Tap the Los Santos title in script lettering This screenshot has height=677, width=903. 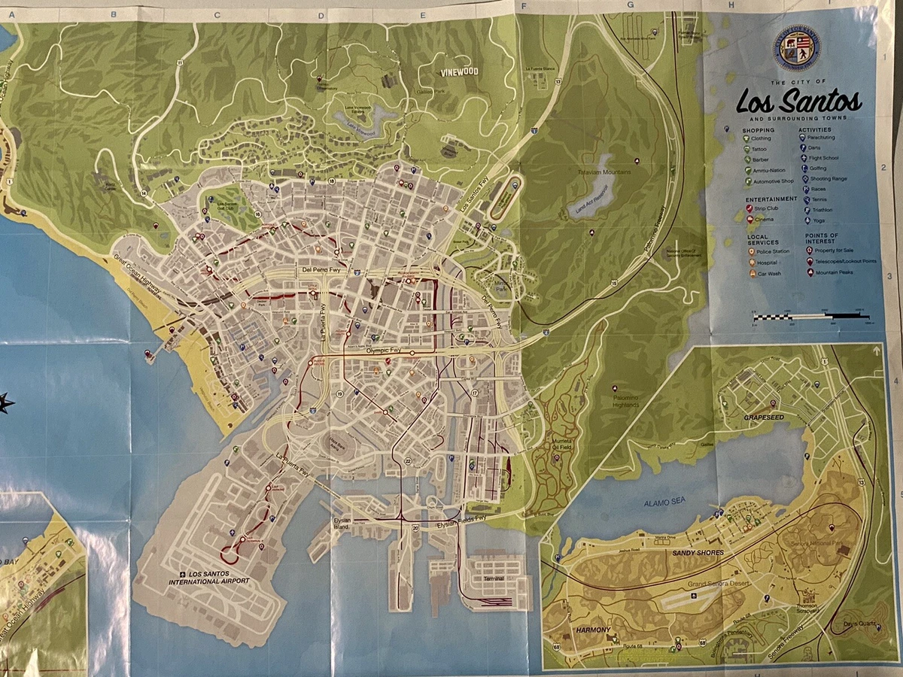click(x=798, y=100)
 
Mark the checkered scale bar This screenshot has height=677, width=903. click(x=811, y=317)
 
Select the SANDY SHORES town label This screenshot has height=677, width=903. click(x=694, y=553)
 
